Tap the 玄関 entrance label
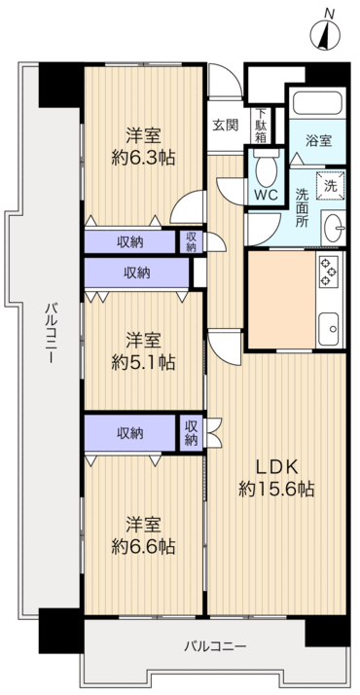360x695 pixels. tap(225, 126)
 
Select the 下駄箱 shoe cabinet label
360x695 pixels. tap(262, 126)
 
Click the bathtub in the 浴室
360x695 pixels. tap(317, 103)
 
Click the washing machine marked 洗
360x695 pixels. tap(331, 184)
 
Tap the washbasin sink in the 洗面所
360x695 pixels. tap(334, 228)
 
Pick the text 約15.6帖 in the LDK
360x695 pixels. tap(276, 489)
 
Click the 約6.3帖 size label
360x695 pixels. tap(143, 158)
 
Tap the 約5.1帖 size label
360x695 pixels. tap(143, 362)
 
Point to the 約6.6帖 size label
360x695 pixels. tap(143, 546)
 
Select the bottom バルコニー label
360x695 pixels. tap(215, 646)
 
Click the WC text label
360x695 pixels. tap(266, 194)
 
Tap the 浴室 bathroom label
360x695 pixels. tap(318, 140)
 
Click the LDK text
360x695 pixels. tap(276, 466)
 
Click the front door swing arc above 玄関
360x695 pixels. tap(232, 74)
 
